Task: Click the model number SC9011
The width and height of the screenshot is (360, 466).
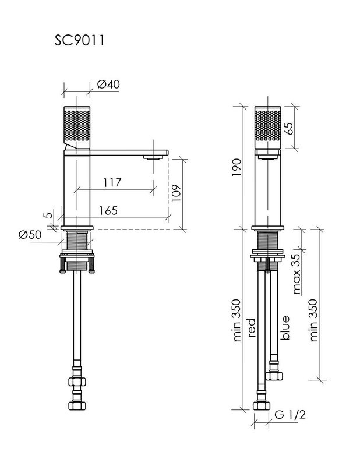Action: (x=79, y=40)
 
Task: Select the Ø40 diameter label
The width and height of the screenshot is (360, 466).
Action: (x=108, y=84)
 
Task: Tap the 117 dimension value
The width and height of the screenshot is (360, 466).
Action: (x=112, y=182)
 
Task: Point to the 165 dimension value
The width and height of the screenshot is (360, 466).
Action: (x=108, y=210)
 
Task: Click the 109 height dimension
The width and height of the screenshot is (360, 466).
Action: (x=176, y=193)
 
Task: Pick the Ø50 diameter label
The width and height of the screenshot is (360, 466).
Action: (x=30, y=235)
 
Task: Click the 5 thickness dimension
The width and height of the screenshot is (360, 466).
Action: (x=49, y=214)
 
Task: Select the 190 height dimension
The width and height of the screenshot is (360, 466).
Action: (x=237, y=167)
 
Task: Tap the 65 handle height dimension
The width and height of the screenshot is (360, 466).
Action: (x=288, y=128)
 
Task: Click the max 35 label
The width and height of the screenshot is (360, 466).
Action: (x=297, y=274)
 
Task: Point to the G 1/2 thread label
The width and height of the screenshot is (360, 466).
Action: (x=290, y=414)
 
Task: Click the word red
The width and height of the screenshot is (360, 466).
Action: (x=252, y=328)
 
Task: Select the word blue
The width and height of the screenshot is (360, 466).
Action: (x=284, y=327)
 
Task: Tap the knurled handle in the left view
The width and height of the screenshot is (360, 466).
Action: (x=77, y=127)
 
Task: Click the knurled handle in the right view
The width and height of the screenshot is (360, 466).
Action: (x=267, y=127)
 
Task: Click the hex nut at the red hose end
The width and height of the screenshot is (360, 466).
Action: (x=262, y=405)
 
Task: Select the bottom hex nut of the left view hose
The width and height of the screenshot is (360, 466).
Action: (x=77, y=405)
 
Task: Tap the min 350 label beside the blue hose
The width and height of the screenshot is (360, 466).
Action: (x=313, y=320)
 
